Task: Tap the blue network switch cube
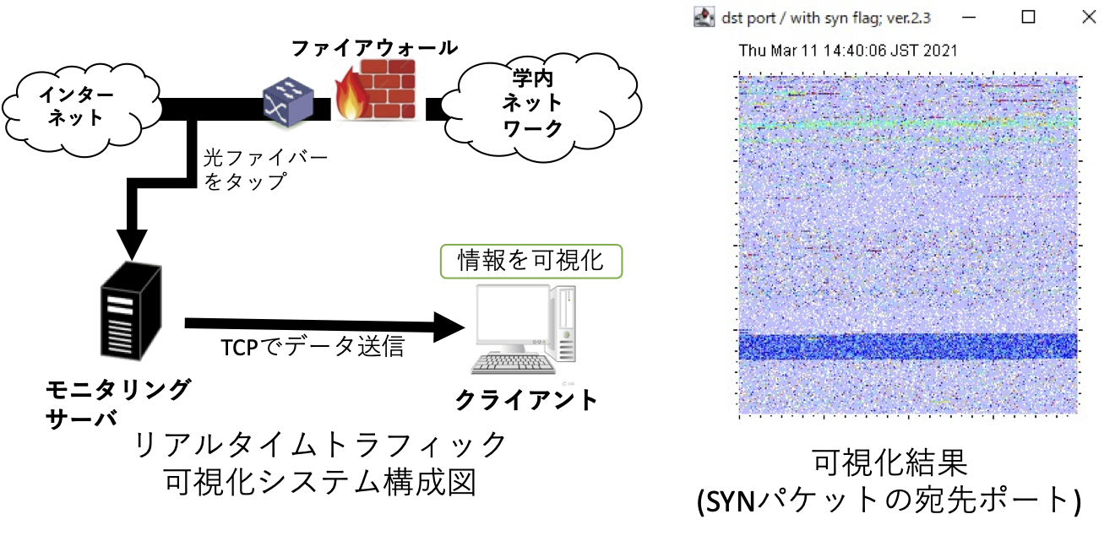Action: click(x=288, y=102)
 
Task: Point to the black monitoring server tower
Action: click(x=131, y=311)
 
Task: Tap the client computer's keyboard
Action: click(x=514, y=365)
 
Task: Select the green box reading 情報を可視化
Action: click(x=531, y=261)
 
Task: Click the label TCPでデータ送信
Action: click(x=312, y=347)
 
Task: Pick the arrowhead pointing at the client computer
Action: click(x=449, y=327)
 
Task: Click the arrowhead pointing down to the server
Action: click(x=132, y=245)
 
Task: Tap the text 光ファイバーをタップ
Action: click(x=266, y=170)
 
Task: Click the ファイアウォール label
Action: click(x=374, y=49)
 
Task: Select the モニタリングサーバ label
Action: click(x=117, y=403)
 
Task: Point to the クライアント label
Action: click(x=526, y=400)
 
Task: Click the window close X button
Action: click(x=1089, y=17)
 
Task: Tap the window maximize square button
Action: click(x=1028, y=17)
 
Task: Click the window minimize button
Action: click(x=969, y=18)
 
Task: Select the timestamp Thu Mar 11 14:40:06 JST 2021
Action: click(x=848, y=51)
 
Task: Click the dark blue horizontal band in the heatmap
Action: click(x=908, y=347)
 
